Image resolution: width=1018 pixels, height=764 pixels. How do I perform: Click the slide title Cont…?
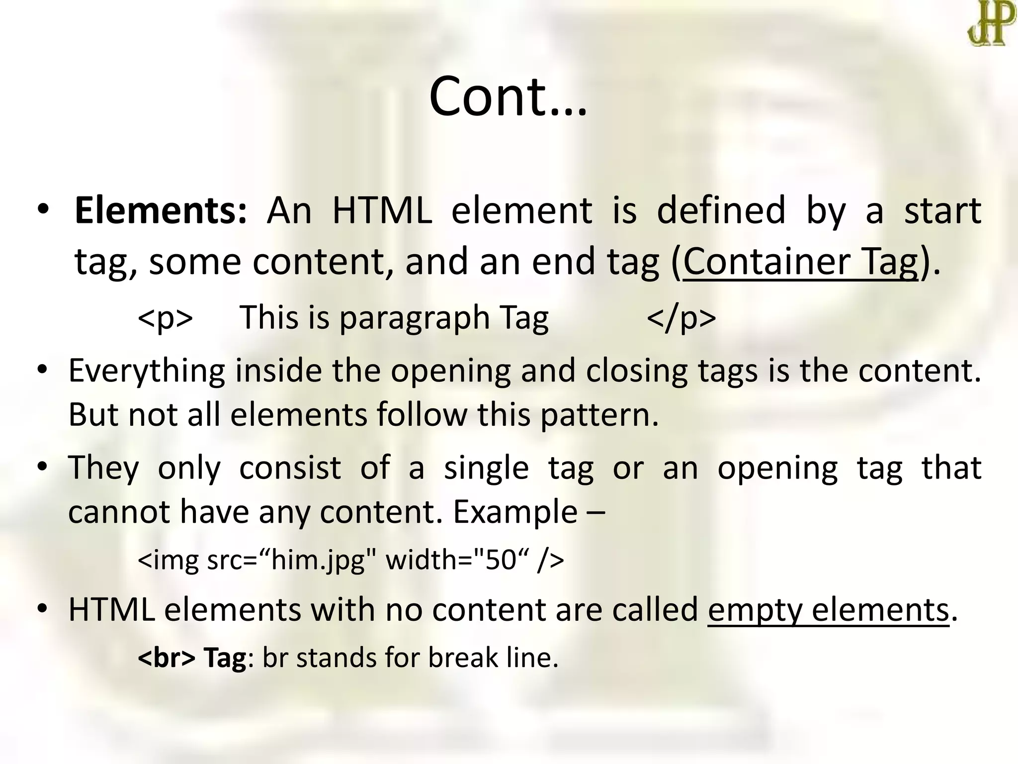(x=508, y=96)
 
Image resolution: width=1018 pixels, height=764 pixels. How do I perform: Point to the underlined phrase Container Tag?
(x=800, y=262)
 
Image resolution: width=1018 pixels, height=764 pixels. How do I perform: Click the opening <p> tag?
(x=166, y=318)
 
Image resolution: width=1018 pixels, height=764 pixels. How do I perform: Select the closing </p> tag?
(x=681, y=318)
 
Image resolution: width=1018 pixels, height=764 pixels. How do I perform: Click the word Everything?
(x=147, y=372)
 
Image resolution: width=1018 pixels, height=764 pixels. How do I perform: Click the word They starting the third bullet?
(x=103, y=468)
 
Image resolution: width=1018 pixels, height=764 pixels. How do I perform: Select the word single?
(x=486, y=468)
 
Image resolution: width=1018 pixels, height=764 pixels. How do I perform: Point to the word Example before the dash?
(x=515, y=512)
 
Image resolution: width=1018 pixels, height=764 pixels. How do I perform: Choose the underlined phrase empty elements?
(x=828, y=610)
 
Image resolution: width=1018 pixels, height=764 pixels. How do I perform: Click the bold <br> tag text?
(x=167, y=658)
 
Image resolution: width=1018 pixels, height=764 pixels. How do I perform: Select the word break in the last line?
(x=463, y=658)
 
